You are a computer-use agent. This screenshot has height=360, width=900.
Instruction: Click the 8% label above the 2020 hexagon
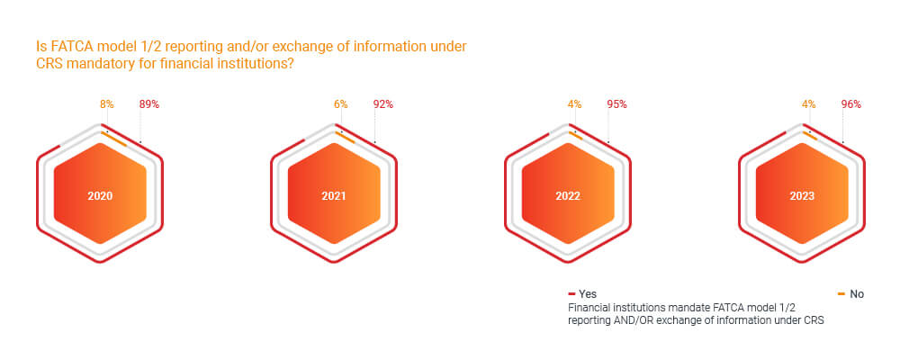[x=106, y=104]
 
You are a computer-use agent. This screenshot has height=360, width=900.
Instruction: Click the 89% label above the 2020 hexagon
[x=148, y=104]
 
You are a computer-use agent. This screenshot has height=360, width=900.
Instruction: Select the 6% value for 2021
[x=340, y=104]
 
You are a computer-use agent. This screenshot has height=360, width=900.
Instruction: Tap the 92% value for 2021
[x=382, y=104]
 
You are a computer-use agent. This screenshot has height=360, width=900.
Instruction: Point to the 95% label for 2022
[x=616, y=104]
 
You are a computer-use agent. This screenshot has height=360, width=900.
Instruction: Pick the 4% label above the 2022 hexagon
[x=574, y=104]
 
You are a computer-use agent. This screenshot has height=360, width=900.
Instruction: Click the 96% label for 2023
[x=850, y=104]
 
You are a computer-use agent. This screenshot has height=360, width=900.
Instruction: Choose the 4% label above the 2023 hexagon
[x=808, y=104]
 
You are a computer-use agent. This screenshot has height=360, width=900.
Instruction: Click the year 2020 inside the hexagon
[x=100, y=195]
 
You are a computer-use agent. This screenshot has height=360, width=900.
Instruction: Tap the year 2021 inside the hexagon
[x=334, y=195]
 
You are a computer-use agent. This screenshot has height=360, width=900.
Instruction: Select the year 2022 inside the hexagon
[x=568, y=195]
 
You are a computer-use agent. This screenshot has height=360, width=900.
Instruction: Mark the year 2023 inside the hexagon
[x=802, y=195]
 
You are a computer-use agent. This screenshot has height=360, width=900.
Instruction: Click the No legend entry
[x=856, y=294]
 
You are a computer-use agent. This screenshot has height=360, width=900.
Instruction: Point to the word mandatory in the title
[x=95, y=65]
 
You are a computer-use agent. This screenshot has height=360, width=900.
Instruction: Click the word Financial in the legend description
[x=593, y=308]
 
